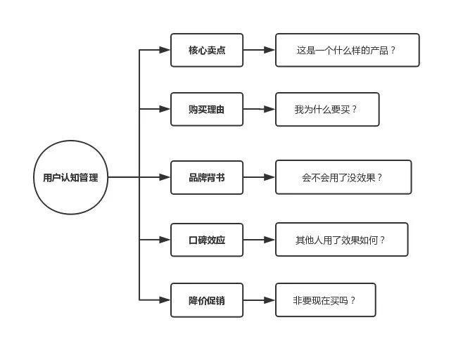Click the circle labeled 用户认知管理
pyautogui.click(x=70, y=177)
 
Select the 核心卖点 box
pyautogui.click(x=207, y=50)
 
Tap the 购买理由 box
pyautogui.click(x=207, y=109)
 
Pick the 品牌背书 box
pyautogui.click(x=207, y=177)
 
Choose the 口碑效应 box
pyautogui.click(x=207, y=240)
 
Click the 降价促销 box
pyautogui.click(x=207, y=300)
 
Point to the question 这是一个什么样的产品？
pyautogui.click(x=347, y=50)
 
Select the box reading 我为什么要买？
pyautogui.click(x=326, y=109)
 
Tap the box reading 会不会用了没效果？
pyautogui.click(x=343, y=177)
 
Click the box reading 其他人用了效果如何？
pyautogui.click(x=341, y=240)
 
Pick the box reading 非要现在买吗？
pyautogui.click(x=325, y=300)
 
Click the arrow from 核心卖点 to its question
pyautogui.click(x=259, y=50)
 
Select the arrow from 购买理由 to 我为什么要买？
pyautogui.click(x=259, y=109)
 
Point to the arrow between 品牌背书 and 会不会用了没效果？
pyautogui.click(x=259, y=177)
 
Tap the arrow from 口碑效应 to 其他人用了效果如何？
pyautogui.click(x=259, y=240)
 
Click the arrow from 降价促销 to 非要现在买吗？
pyautogui.click(x=259, y=300)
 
